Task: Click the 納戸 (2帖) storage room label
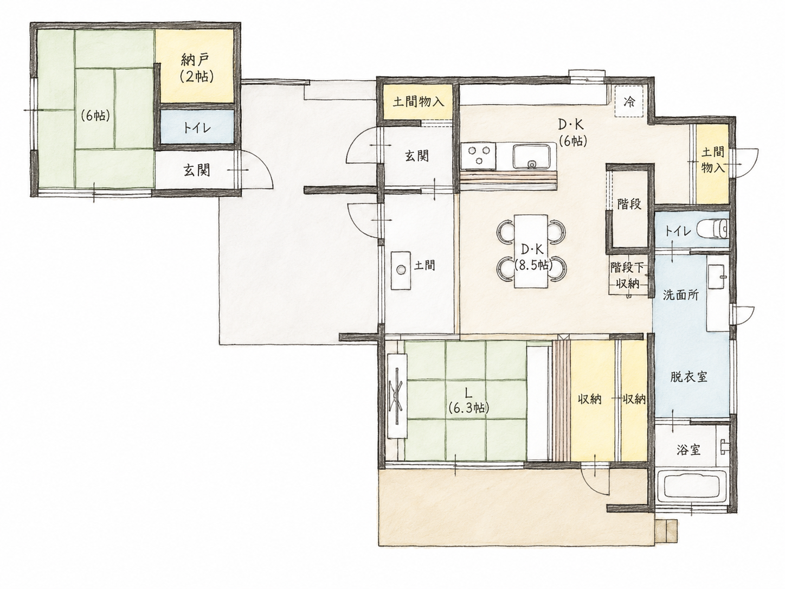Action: (197, 68)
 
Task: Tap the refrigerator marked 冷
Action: (629, 101)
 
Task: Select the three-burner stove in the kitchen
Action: (478, 157)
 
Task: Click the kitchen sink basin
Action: (532, 156)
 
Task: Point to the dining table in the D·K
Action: (531, 251)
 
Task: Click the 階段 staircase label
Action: (629, 204)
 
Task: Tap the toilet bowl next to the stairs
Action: (713, 229)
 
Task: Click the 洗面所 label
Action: (681, 295)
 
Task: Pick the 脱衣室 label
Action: (689, 377)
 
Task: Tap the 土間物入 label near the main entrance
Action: (418, 103)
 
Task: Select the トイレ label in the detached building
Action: (197, 127)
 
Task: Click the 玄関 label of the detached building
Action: (197, 170)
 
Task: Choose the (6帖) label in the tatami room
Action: (95, 115)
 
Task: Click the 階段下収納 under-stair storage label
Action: (628, 276)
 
